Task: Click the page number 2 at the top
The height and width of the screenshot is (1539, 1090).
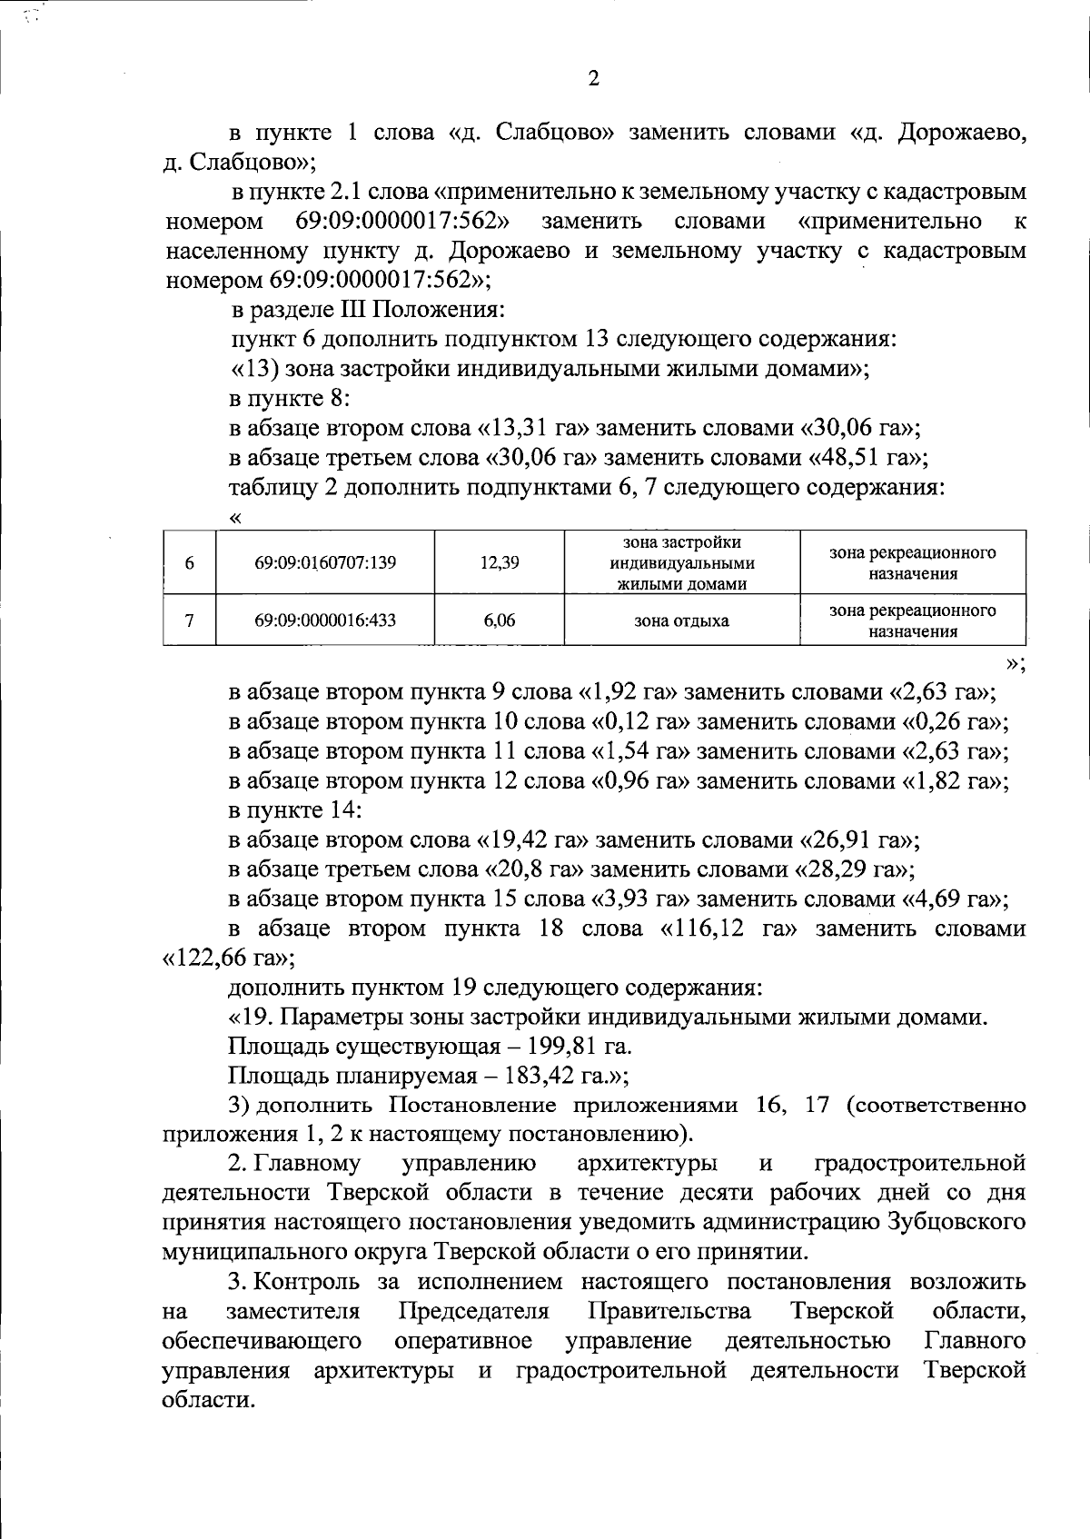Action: pyautogui.click(x=594, y=79)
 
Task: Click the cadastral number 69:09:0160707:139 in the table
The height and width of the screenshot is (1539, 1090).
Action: pyautogui.click(x=325, y=562)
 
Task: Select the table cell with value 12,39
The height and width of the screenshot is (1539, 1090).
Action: pyautogui.click(x=500, y=562)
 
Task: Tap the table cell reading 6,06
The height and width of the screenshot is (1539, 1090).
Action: pyautogui.click(x=500, y=621)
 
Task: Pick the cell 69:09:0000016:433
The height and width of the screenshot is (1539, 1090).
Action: pyautogui.click(x=325, y=621)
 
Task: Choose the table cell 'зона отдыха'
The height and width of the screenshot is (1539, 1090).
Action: pyautogui.click(x=682, y=621)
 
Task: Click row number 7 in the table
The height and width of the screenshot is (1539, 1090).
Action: pyautogui.click(x=189, y=621)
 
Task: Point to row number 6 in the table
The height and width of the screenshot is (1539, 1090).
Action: pyautogui.click(x=189, y=562)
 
